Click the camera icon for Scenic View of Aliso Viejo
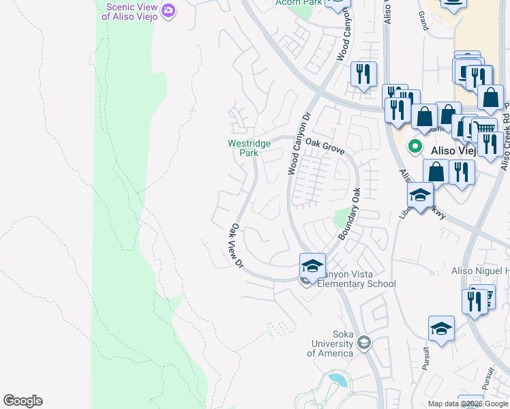(168, 10)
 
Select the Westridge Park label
(248, 148)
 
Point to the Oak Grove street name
(325, 146)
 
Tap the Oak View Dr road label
(237, 246)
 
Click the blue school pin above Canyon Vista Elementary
(312, 266)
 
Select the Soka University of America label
(331, 344)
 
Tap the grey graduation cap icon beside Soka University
(364, 342)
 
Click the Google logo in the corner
(22, 401)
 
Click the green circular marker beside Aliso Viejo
(414, 147)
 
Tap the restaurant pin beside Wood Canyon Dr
(363, 74)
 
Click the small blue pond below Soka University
(337, 379)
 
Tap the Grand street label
(423, 21)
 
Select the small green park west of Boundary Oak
(340, 219)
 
